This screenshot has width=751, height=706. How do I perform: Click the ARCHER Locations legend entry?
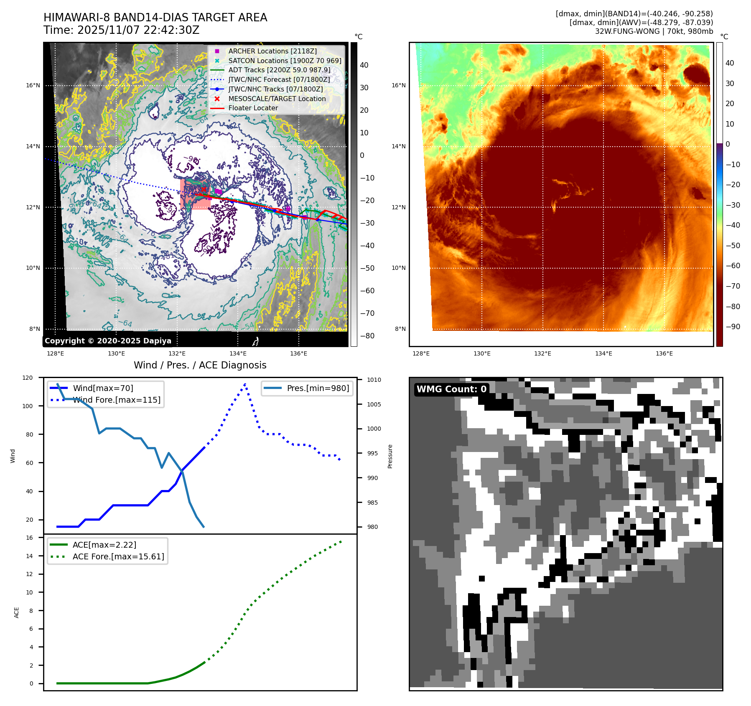click(272, 51)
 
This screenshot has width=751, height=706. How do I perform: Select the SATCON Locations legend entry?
click(284, 61)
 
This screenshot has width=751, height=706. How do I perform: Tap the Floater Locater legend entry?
click(253, 108)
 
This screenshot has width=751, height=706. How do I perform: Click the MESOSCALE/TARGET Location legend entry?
click(277, 99)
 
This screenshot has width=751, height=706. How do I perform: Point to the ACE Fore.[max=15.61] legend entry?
click(118, 556)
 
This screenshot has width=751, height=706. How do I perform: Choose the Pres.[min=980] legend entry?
click(318, 388)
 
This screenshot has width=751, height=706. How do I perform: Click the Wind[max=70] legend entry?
click(103, 388)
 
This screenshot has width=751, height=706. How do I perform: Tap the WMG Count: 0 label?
click(451, 389)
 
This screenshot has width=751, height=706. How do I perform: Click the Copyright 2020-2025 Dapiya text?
click(108, 340)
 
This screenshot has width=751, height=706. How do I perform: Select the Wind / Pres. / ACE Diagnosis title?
click(200, 365)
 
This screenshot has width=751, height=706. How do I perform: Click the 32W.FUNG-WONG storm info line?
click(654, 31)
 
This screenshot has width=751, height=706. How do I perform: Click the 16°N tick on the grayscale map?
click(33, 85)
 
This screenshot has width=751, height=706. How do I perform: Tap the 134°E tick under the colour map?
click(603, 353)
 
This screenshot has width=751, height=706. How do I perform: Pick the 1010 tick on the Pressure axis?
click(374, 380)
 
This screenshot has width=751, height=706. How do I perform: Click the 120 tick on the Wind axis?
click(28, 378)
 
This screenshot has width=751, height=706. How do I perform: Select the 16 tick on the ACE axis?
click(29, 538)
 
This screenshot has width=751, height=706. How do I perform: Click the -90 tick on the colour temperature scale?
click(733, 326)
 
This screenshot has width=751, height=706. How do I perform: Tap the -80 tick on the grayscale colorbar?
click(367, 335)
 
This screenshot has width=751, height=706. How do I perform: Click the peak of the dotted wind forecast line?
click(245, 384)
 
